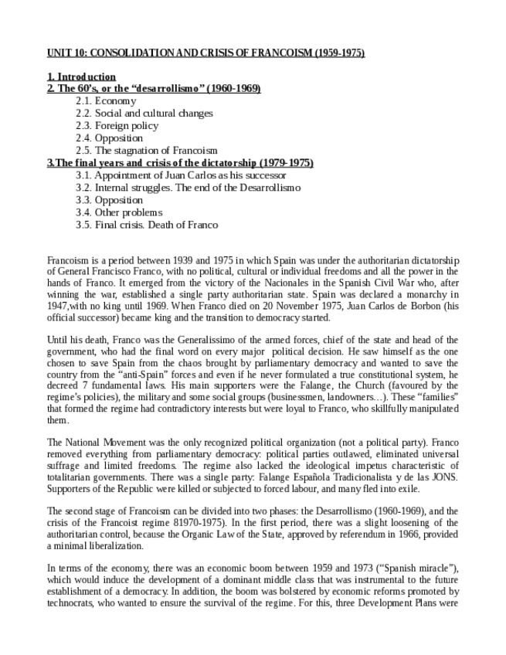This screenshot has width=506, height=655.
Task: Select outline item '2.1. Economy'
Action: pyautogui.click(x=106, y=101)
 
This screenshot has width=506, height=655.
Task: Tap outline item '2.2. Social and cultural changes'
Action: pyautogui.click(x=144, y=114)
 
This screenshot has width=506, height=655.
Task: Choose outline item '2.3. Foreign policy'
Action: pyautogui.click(x=117, y=126)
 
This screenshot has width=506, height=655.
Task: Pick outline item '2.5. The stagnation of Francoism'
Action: pyautogui.click(x=147, y=151)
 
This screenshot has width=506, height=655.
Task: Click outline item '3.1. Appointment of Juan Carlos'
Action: pyautogui.click(x=170, y=175)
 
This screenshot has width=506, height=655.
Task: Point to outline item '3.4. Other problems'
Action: pyautogui.click(x=119, y=212)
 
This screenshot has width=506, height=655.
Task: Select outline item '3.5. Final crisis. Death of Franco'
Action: pyautogui.click(x=147, y=225)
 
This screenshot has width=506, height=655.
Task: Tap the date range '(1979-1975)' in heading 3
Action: pyautogui.click(x=287, y=163)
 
